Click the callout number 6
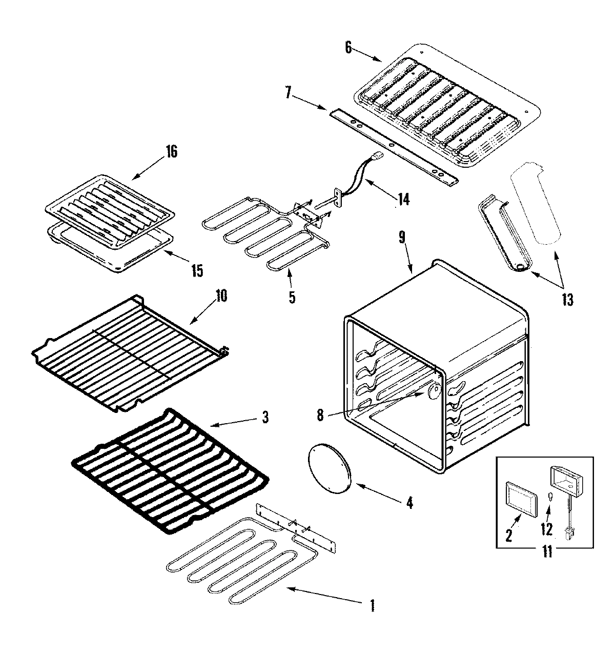click(348, 48)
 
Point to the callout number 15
click(197, 270)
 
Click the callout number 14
click(403, 199)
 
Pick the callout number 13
click(566, 299)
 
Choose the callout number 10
click(222, 296)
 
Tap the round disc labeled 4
click(328, 470)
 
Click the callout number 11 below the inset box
click(547, 552)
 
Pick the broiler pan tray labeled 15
click(110, 251)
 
